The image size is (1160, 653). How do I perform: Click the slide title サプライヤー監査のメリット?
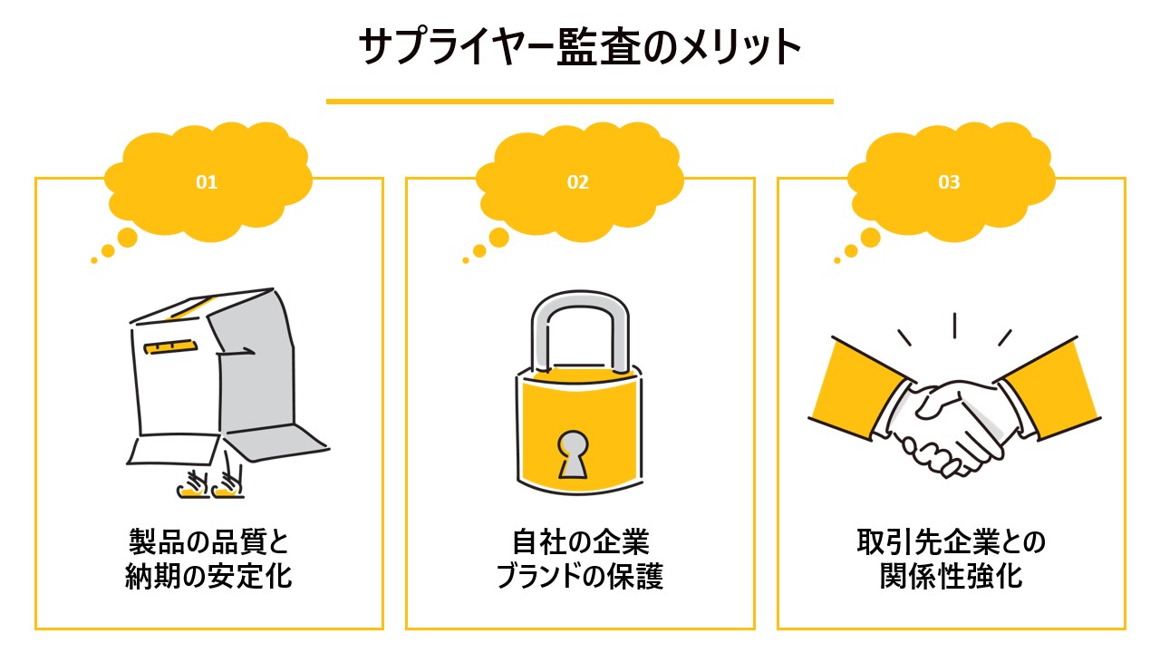click(x=580, y=46)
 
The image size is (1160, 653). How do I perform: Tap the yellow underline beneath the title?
click(x=579, y=102)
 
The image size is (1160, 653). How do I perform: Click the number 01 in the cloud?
click(x=207, y=182)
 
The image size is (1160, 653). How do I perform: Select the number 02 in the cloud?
click(x=578, y=182)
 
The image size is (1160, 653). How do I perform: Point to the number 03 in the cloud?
click(x=949, y=182)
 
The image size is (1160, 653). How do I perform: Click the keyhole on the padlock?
click(x=573, y=454)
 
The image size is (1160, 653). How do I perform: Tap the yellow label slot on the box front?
click(x=170, y=346)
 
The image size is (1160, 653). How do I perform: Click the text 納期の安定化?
click(x=208, y=576)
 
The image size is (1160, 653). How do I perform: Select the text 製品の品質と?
click(x=208, y=541)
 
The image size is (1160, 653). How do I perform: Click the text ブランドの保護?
click(x=579, y=576)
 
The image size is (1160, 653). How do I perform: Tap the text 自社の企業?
click(x=581, y=541)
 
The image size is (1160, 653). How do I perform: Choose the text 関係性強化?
click(x=952, y=576)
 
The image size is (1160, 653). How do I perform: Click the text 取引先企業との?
click(x=952, y=541)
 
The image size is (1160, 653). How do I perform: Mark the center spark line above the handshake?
click(x=954, y=326)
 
